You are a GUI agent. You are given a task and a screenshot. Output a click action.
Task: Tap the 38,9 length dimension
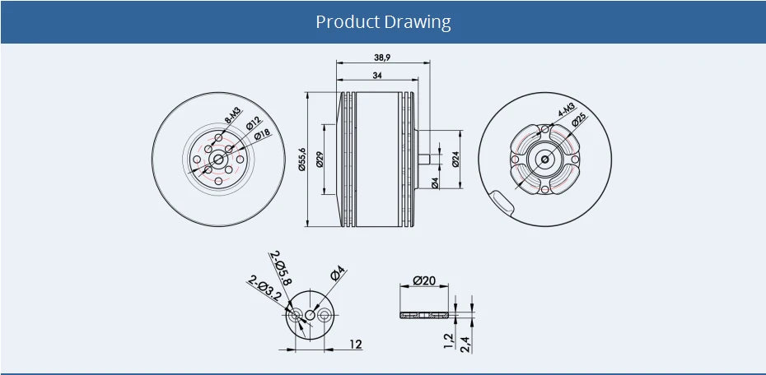(382, 58)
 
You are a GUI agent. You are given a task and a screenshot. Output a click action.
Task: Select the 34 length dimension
(377, 75)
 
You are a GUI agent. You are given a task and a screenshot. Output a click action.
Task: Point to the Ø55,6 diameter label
(302, 159)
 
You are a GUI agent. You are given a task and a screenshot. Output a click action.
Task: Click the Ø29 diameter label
(319, 159)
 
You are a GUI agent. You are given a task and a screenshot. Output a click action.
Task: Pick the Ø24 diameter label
(455, 159)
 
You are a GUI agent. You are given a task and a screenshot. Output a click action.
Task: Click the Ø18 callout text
(262, 134)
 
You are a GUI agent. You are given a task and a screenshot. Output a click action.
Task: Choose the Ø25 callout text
(579, 120)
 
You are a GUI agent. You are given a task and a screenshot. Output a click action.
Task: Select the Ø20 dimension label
(424, 280)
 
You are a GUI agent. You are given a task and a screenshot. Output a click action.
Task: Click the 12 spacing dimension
(355, 344)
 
